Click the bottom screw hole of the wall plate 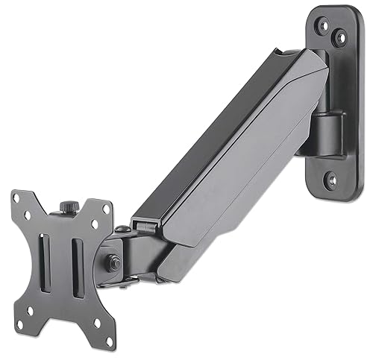click(327, 178)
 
